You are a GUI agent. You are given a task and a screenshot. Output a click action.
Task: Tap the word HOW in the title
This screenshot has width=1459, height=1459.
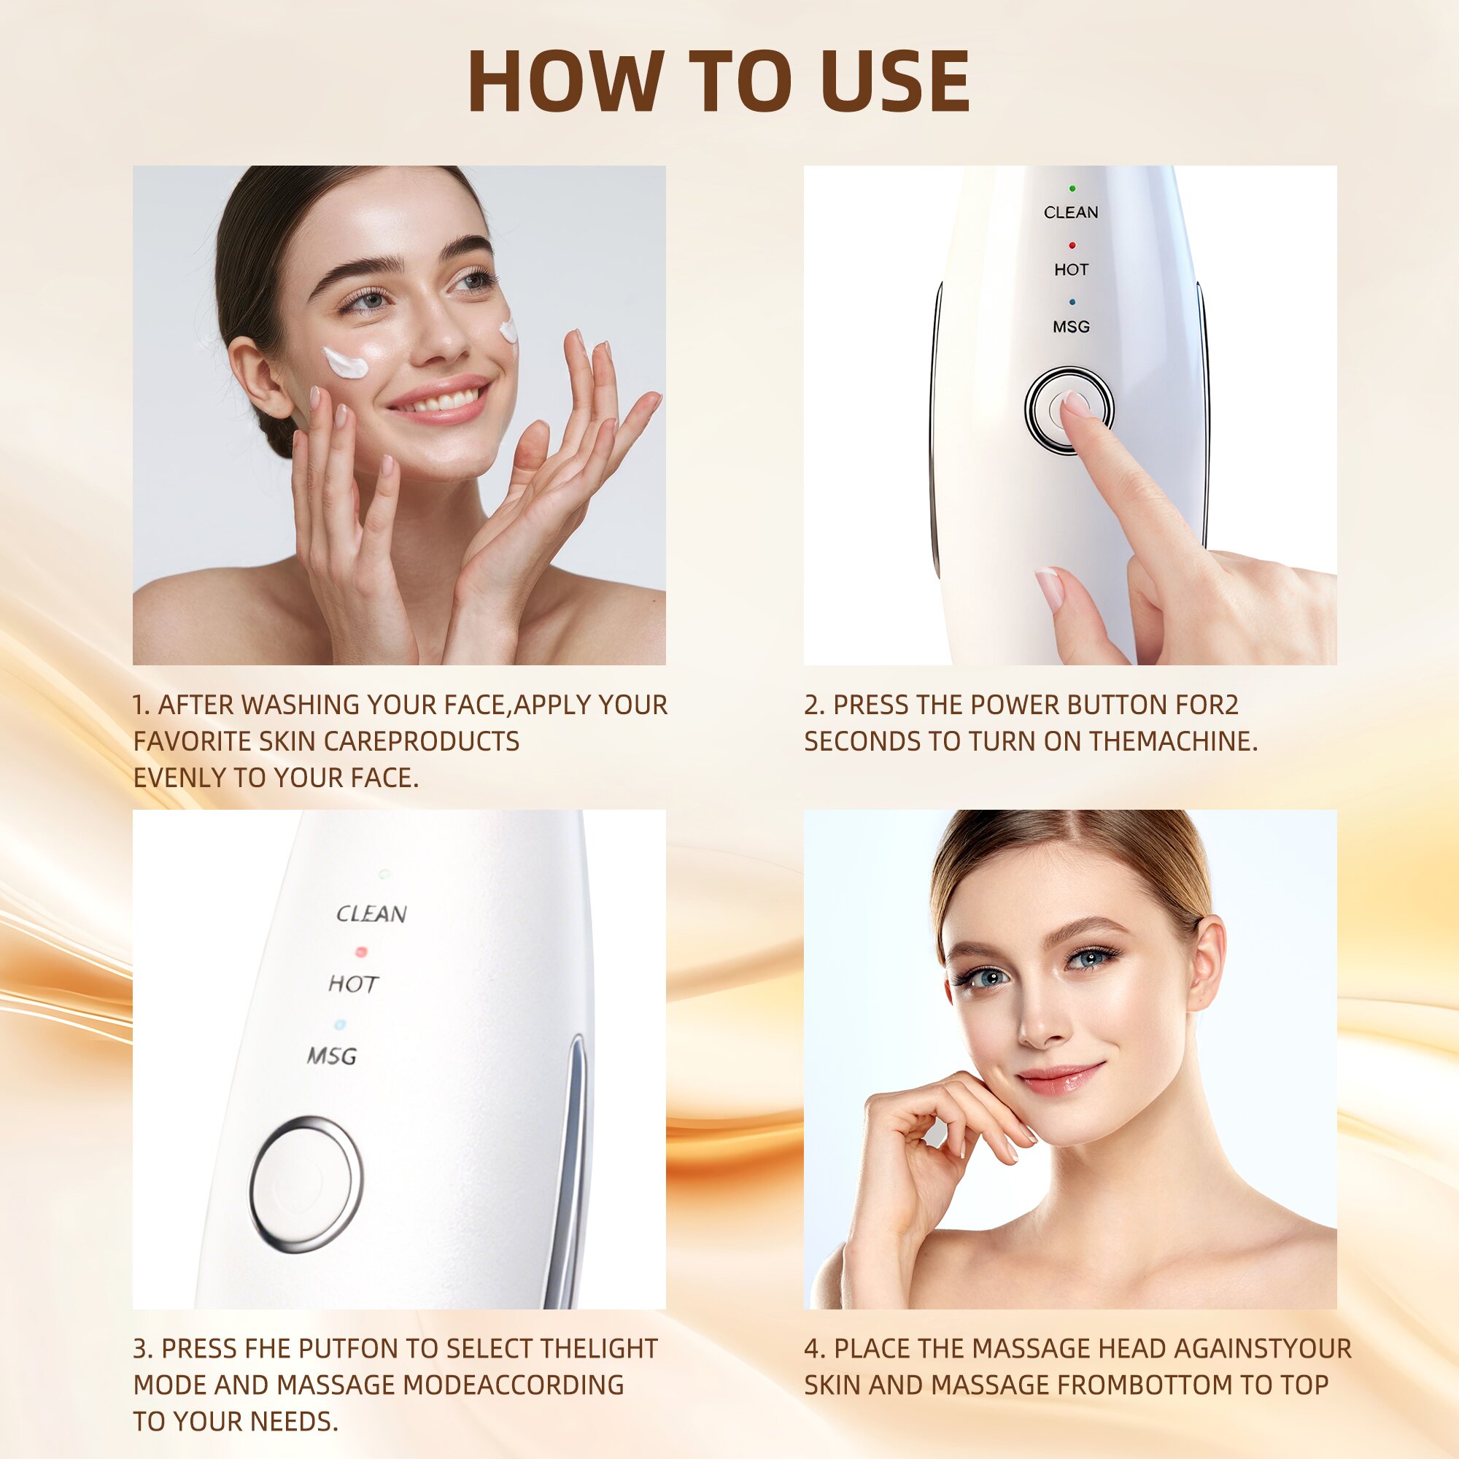click(x=564, y=82)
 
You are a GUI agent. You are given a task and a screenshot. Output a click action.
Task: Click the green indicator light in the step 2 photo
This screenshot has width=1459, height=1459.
click(x=1072, y=188)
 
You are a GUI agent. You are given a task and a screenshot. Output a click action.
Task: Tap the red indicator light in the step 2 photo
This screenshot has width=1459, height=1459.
click(x=1072, y=245)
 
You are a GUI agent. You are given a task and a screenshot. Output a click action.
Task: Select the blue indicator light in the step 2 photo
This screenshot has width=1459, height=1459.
click(x=1072, y=302)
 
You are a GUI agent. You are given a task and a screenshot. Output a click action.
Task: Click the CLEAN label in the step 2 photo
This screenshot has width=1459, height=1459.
click(x=1071, y=213)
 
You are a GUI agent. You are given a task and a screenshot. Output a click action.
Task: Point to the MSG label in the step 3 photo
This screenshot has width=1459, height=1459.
click(x=332, y=1056)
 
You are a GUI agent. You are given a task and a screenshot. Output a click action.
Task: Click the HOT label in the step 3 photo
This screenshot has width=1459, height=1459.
click(x=352, y=984)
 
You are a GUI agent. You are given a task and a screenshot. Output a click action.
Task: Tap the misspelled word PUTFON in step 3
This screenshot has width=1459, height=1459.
click(x=348, y=1349)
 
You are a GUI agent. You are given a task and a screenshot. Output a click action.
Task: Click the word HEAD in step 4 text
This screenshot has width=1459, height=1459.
click(x=1132, y=1349)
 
